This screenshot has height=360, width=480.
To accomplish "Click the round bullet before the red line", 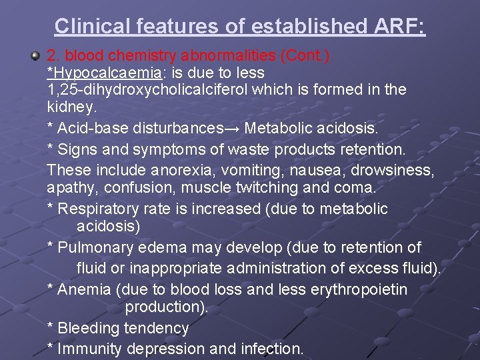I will [35, 55].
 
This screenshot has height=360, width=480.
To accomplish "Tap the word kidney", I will [71, 106].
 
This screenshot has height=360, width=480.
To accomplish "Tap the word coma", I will [357, 188].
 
